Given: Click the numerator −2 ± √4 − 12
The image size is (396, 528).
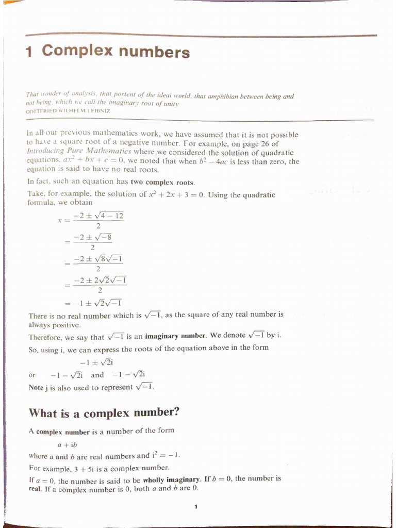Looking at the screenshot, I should tap(98, 216).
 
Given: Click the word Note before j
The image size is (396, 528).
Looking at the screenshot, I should tap(37, 387).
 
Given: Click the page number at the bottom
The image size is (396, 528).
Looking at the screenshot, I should tap(196, 507).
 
